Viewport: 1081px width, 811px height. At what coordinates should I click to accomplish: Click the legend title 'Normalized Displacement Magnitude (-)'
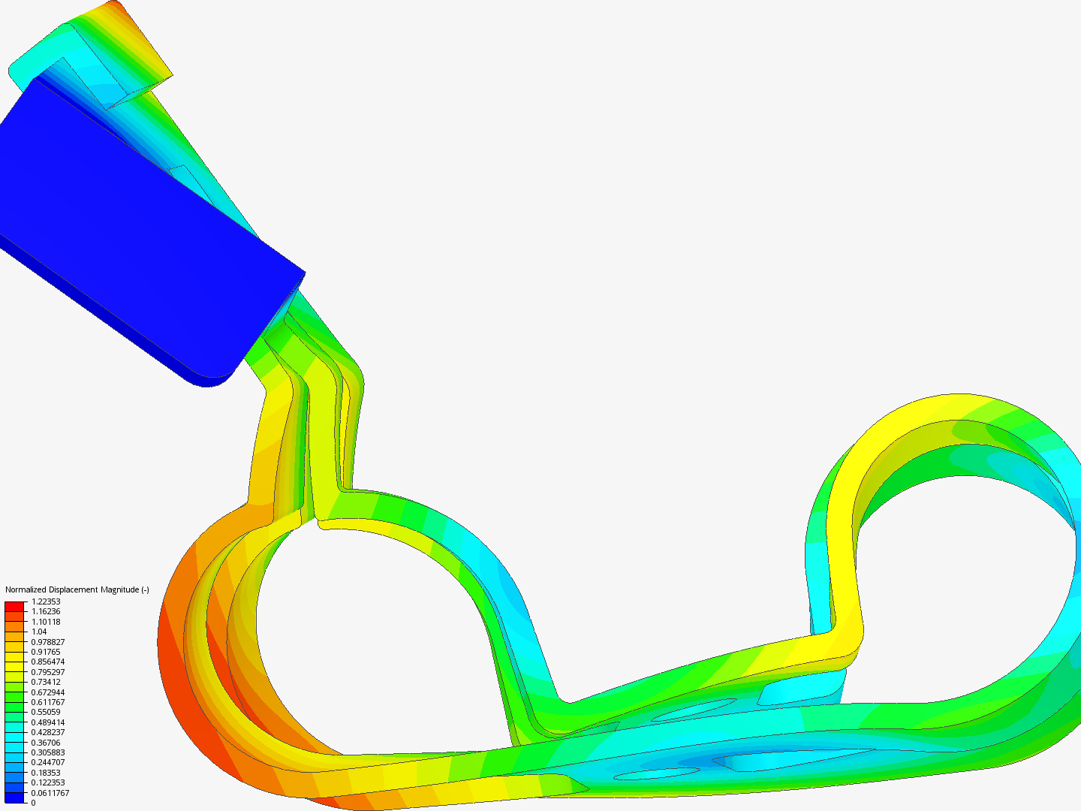(x=77, y=589)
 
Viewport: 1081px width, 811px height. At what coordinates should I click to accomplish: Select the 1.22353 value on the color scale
(x=46, y=601)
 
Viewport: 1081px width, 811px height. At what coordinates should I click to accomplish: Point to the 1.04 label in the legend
(x=39, y=632)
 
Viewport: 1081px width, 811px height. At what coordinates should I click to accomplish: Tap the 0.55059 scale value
(x=46, y=712)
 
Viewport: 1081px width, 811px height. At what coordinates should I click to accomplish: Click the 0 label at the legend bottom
(x=34, y=803)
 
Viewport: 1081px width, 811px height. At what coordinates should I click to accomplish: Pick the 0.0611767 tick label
(x=50, y=793)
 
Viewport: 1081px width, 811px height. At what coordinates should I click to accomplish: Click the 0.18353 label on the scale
(x=46, y=773)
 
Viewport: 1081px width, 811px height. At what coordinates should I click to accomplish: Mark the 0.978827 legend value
(x=48, y=641)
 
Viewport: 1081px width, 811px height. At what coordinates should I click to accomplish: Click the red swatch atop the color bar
(x=14, y=607)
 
